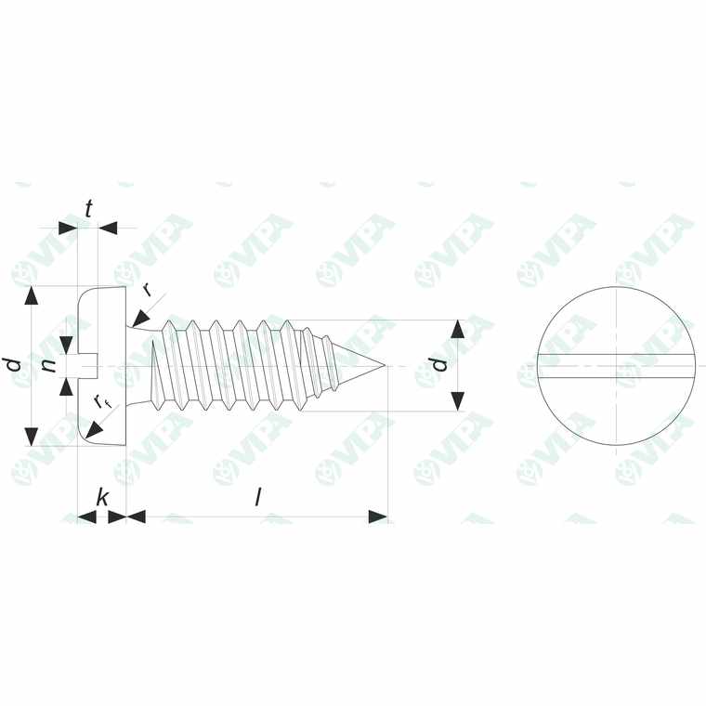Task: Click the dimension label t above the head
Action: pyautogui.click(x=88, y=209)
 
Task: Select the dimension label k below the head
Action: pyautogui.click(x=102, y=498)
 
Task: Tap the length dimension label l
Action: pyautogui.click(x=258, y=498)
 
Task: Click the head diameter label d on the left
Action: pyautogui.click(x=13, y=364)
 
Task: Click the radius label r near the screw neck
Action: pyautogui.click(x=147, y=289)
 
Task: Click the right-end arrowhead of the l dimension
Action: pyautogui.click(x=378, y=516)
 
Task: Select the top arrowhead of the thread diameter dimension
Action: pyautogui.click(x=457, y=330)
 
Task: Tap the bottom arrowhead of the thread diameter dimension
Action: pyautogui.click(x=457, y=400)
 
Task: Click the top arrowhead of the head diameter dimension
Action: pyautogui.click(x=33, y=296)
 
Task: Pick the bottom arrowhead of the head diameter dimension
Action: pyautogui.click(x=33, y=435)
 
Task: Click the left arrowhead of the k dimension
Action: pyautogui.click(x=86, y=516)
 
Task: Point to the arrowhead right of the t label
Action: pyautogui.click(x=109, y=228)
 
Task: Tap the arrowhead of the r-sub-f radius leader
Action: pyautogui.click(x=92, y=431)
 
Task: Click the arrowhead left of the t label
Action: pyautogui.click(x=68, y=228)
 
